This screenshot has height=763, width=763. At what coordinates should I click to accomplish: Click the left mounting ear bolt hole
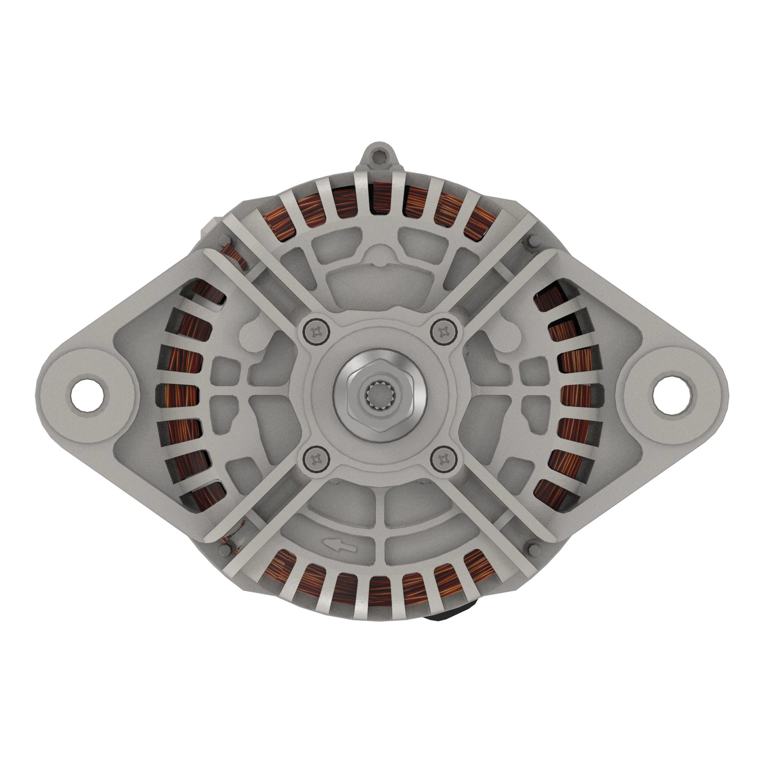click(x=88, y=394)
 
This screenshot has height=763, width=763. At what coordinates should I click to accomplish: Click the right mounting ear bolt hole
click(x=670, y=394)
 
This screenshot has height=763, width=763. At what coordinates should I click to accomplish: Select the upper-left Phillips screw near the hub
click(x=316, y=332)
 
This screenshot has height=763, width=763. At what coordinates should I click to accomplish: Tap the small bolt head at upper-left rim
click(x=225, y=240)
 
